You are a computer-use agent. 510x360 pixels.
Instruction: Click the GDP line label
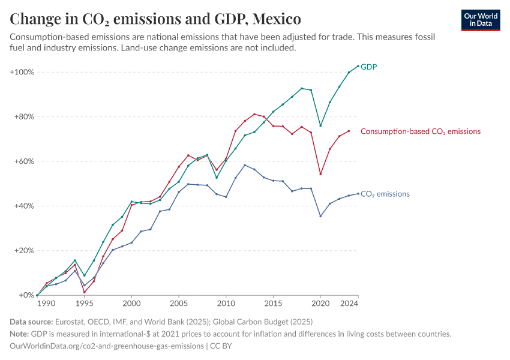[369, 67]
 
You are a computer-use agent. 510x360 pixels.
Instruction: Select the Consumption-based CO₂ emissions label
[420, 131]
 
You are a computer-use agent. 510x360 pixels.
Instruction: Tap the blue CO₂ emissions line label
[385, 194]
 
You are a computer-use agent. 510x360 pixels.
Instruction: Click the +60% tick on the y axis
[23, 161]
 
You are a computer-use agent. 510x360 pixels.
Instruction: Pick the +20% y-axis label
[23, 251]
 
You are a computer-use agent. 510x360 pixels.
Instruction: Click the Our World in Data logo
[481, 20]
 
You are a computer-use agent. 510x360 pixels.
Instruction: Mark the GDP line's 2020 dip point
[320, 126]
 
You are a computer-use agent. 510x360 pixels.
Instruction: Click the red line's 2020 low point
[320, 174]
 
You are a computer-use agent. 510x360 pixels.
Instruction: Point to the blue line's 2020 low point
[320, 216]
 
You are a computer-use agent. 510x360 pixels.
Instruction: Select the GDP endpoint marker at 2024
[358, 66]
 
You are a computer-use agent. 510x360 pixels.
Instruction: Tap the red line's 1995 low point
[84, 292]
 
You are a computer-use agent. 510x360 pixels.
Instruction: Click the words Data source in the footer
[32, 322]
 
